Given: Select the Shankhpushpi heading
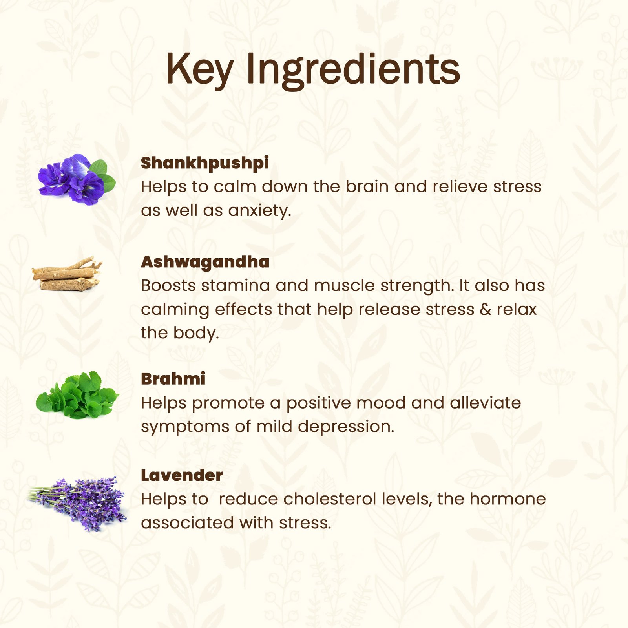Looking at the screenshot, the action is tap(205, 163).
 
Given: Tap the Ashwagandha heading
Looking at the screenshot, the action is tap(205, 262).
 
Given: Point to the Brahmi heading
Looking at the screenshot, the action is tap(173, 379).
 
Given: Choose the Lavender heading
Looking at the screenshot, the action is tap(182, 475).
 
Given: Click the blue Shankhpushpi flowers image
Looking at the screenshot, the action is tap(77, 179).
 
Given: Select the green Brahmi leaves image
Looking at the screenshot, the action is tap(77, 395).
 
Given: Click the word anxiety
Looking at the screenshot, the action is tap(259, 211).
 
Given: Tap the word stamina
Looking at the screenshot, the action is tap(235, 285).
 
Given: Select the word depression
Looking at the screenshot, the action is tap(346, 427).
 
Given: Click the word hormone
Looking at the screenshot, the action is tap(508, 499).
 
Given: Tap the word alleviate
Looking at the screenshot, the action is tap(485, 403).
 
